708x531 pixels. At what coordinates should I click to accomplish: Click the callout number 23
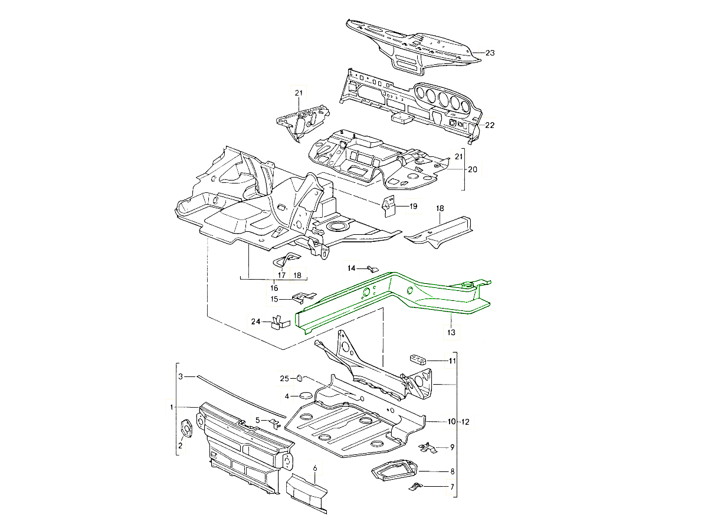click(x=490, y=53)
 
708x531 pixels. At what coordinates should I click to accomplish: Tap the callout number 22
click(x=490, y=125)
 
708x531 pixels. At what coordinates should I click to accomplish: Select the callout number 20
click(x=473, y=169)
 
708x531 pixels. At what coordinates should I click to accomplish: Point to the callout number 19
click(x=413, y=206)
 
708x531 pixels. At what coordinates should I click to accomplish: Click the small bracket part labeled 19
click(x=389, y=207)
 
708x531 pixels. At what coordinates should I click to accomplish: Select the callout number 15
click(x=274, y=300)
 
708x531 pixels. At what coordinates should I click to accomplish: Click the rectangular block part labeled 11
click(x=417, y=359)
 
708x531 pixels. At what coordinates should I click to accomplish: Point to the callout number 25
click(x=284, y=378)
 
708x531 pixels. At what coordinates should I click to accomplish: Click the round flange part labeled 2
click(x=186, y=429)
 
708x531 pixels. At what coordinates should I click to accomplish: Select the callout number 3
click(x=182, y=376)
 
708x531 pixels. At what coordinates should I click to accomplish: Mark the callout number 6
click(x=315, y=468)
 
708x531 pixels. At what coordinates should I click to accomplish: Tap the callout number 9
click(x=451, y=447)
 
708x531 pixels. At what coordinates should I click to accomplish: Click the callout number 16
click(x=274, y=288)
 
